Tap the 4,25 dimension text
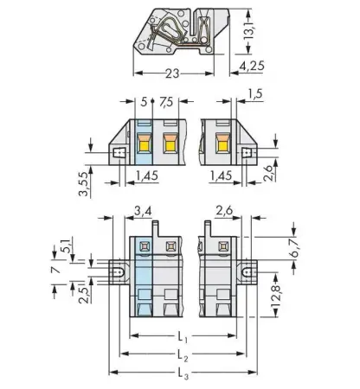[x=251, y=64]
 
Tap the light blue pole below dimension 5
[x=144, y=145]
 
